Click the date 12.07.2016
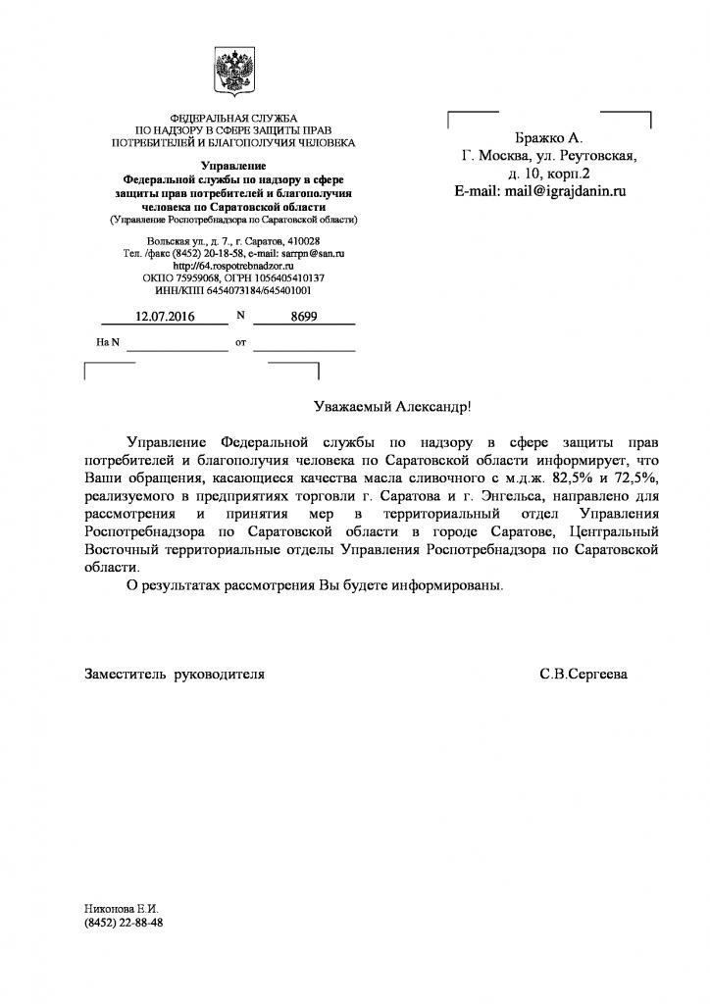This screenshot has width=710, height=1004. [165, 317]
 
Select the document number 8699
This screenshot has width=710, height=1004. [304, 317]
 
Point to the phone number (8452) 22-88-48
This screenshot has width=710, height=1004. [124, 924]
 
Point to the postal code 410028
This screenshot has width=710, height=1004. [300, 241]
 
